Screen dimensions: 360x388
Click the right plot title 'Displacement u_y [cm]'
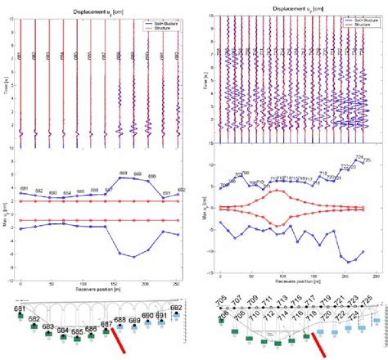(291, 6)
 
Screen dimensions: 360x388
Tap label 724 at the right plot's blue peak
(359, 157)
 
